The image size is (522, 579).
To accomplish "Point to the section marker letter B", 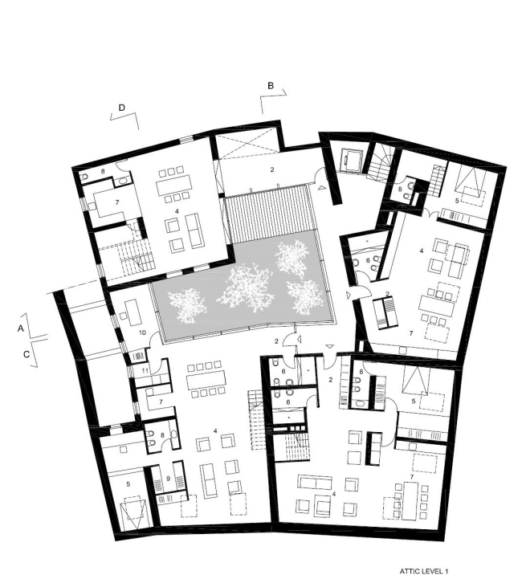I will point(271,84).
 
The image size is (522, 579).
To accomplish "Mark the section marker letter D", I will point(122,106).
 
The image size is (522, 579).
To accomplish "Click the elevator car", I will point(352,161).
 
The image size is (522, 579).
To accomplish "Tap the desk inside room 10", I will point(133,308).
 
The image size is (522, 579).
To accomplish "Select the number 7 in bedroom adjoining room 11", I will point(161,402).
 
